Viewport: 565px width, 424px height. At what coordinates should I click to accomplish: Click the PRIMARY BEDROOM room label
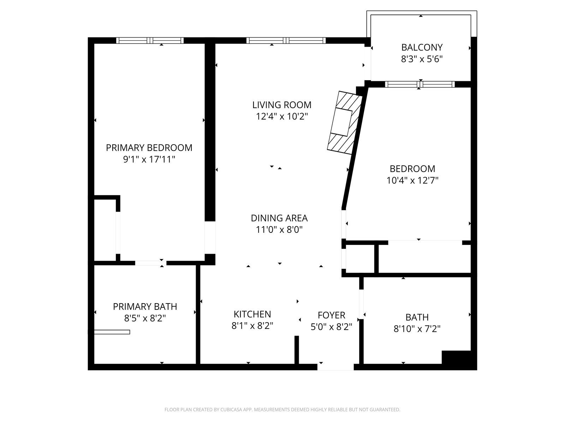coord(149,148)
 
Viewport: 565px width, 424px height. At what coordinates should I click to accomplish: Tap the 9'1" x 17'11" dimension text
coord(149,160)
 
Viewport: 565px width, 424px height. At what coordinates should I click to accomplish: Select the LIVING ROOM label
coord(282,105)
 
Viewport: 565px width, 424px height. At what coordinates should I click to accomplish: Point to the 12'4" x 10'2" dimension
coord(282,117)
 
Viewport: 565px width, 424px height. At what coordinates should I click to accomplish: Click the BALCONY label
coord(422,47)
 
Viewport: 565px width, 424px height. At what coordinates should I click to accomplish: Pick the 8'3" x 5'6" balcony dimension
coord(422,59)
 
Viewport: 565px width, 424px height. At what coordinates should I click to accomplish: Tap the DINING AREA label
coord(279,218)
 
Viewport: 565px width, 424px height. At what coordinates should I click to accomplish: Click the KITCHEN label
coord(252,314)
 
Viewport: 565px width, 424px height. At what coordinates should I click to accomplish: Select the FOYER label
coord(331,315)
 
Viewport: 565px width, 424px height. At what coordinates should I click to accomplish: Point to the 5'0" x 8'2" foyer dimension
coord(331,327)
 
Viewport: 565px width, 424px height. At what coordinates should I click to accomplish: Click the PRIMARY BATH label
coord(145,307)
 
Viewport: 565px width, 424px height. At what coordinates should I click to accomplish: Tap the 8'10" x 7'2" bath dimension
coord(417,329)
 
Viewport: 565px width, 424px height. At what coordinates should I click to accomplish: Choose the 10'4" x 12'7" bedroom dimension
coord(412,181)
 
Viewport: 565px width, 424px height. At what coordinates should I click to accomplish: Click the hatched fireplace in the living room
coord(345,123)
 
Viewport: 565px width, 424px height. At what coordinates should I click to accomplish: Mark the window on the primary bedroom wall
coord(150,40)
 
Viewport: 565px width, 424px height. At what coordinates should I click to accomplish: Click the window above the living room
coord(286,40)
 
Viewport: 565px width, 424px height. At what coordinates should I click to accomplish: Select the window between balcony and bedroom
coord(420,84)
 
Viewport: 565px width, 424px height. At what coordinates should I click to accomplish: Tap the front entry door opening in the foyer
coord(335,367)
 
